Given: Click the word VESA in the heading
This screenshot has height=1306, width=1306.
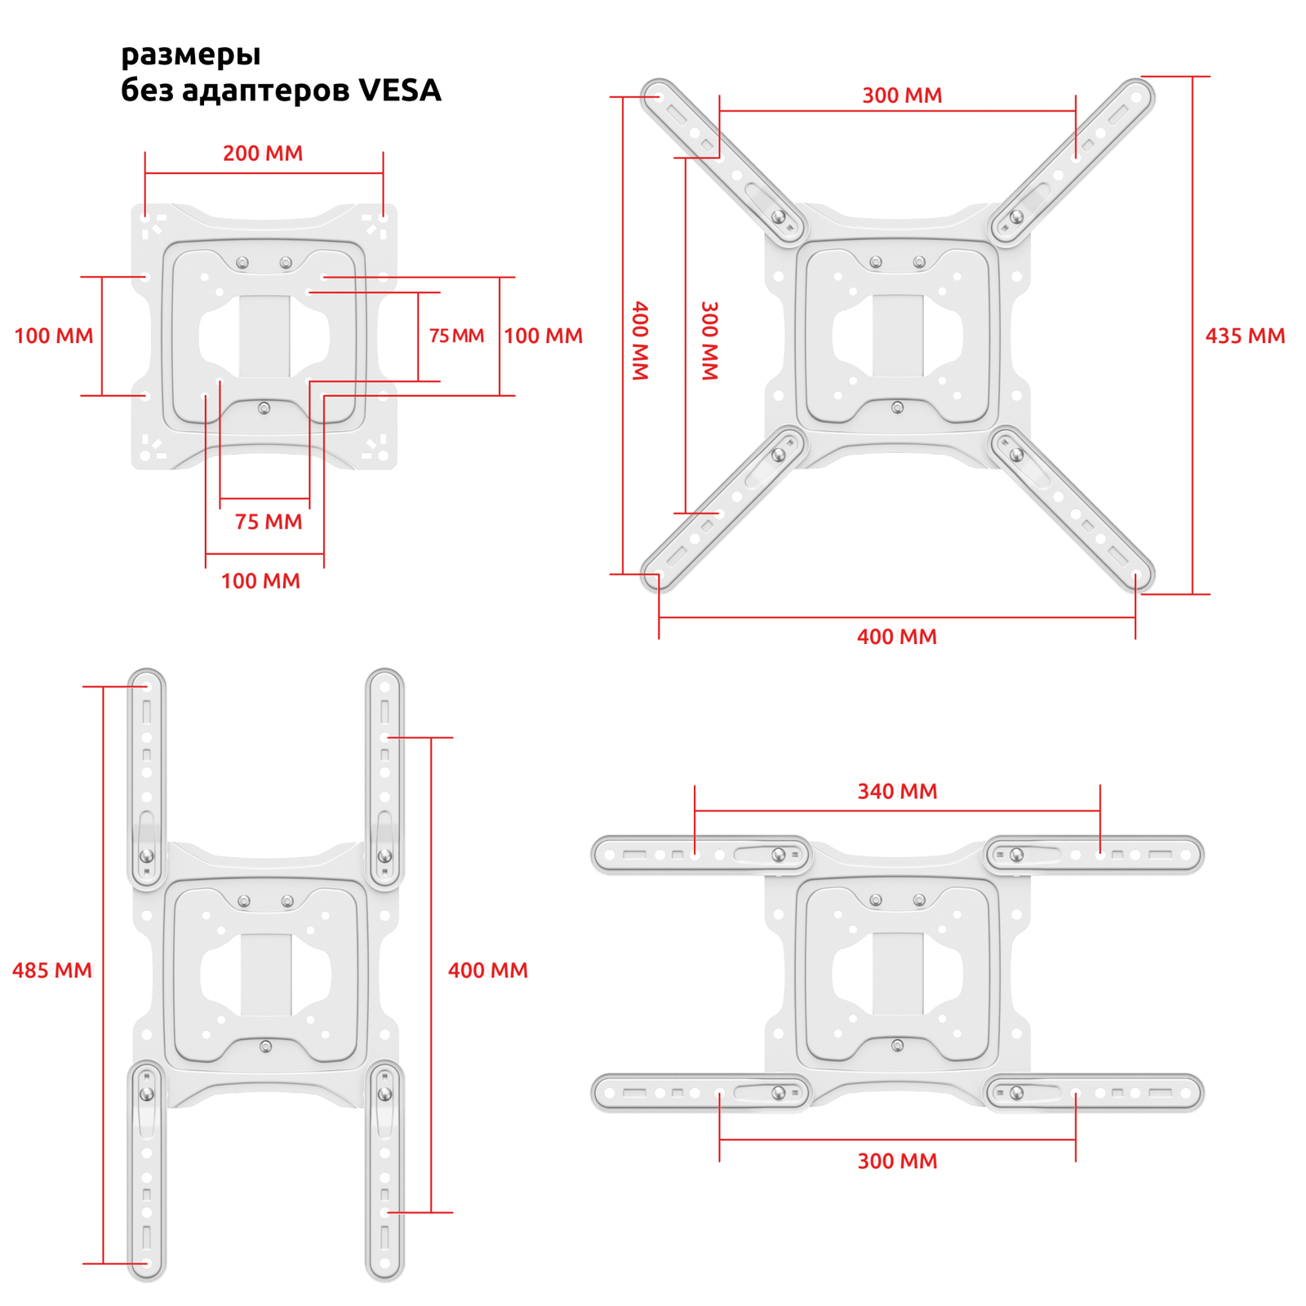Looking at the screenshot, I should point(400,90).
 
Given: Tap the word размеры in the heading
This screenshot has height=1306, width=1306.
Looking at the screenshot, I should point(191,55).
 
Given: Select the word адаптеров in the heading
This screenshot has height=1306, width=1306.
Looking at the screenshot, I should point(267,91).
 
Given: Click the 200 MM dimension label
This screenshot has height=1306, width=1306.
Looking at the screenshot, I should point(263,153).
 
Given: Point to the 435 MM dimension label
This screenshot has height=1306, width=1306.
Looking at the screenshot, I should point(1245,335).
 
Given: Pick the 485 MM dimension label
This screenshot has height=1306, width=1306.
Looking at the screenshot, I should point(52,971).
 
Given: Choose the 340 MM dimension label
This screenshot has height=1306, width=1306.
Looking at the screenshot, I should point(897,791).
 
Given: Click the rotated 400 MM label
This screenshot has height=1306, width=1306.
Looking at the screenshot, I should point(641,340).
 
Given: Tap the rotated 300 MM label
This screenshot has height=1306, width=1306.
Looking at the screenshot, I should point(710,340).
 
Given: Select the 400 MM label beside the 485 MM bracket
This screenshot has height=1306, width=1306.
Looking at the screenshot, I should point(488,971).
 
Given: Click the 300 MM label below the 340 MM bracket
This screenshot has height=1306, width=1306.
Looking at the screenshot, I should point(897,1161).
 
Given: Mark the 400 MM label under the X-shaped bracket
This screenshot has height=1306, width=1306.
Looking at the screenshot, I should point(897,637).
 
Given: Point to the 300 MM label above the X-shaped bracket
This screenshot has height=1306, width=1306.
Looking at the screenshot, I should point(902,96).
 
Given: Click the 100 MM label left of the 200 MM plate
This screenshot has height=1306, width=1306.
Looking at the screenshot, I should point(54,335).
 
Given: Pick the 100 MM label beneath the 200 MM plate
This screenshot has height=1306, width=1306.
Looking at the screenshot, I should point(260,581).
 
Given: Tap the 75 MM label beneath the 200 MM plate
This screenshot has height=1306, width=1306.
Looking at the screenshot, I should point(269,522).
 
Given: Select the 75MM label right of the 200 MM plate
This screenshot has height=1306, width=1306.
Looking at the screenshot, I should point(457,335).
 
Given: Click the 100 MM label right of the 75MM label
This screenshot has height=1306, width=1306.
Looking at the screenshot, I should point(544,335).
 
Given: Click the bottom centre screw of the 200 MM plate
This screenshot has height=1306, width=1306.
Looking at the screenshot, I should point(264,408).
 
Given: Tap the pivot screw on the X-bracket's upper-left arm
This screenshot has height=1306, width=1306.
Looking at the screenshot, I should point(779,217).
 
